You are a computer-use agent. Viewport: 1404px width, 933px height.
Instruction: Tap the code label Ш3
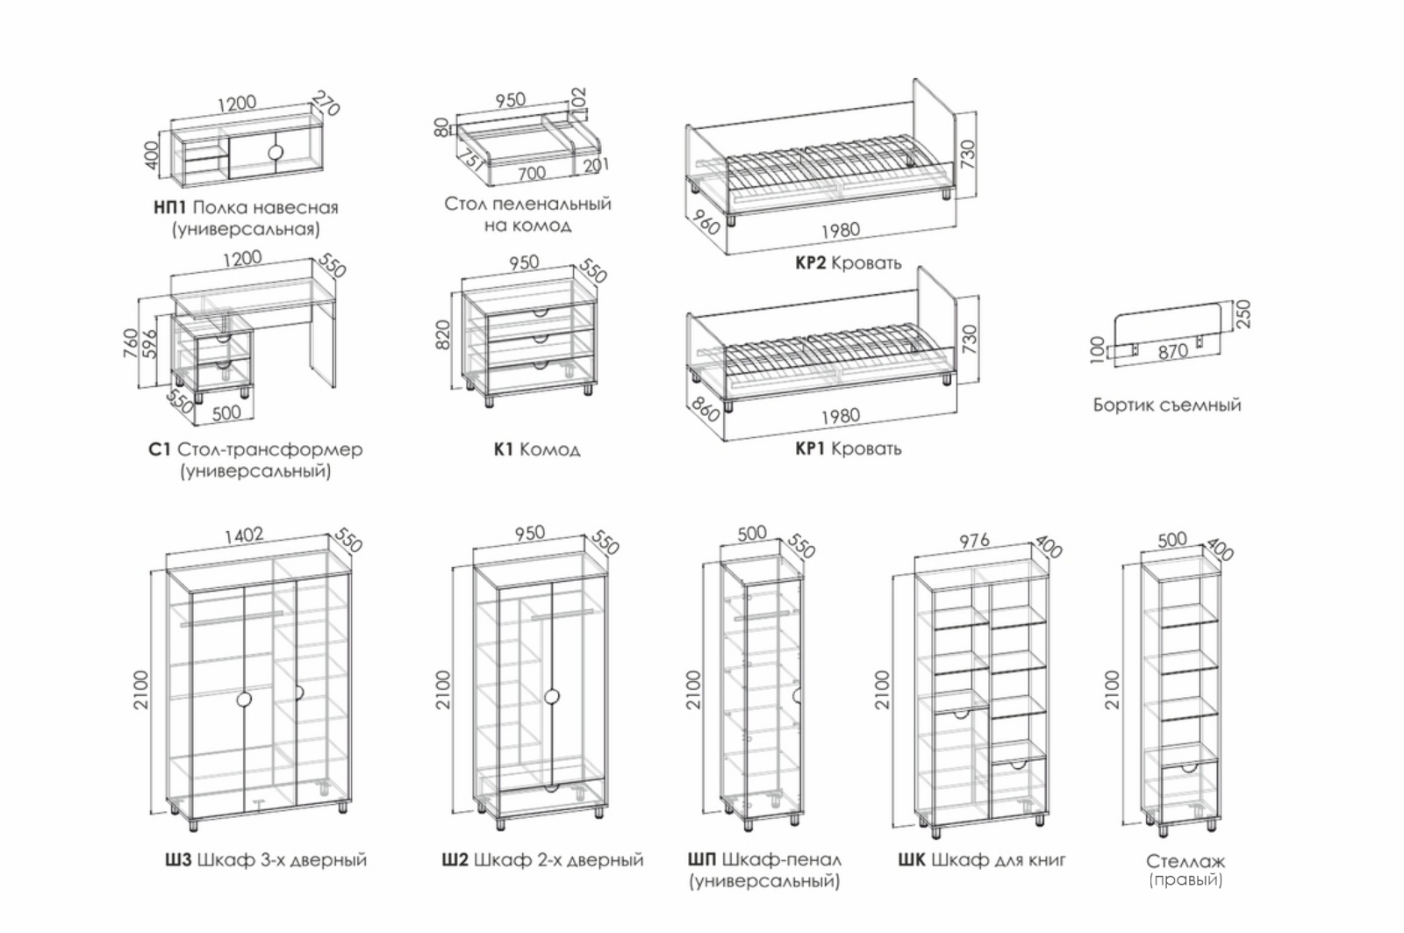click(x=178, y=859)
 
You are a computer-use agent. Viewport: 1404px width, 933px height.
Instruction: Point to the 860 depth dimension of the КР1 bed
click(x=705, y=409)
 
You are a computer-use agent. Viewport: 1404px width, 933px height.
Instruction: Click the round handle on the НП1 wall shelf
click(x=276, y=153)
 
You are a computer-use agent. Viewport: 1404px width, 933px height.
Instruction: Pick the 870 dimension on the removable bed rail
click(x=1172, y=352)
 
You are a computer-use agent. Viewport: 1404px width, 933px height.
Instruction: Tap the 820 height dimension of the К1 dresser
click(x=442, y=334)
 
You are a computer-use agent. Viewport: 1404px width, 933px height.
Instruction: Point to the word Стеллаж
click(x=1186, y=861)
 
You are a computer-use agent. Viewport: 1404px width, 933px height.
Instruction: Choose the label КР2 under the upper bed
click(x=811, y=262)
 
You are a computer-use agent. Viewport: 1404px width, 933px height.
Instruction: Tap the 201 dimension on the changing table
click(x=596, y=166)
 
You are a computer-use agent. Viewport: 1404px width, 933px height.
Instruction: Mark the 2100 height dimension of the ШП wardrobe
click(x=693, y=690)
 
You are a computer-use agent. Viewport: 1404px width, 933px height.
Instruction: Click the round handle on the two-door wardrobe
click(x=552, y=697)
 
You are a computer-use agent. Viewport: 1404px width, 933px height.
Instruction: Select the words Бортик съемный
click(x=1167, y=405)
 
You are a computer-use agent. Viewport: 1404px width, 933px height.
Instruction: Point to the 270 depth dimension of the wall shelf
click(x=326, y=104)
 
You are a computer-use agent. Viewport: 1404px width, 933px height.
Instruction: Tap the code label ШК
click(x=912, y=859)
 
